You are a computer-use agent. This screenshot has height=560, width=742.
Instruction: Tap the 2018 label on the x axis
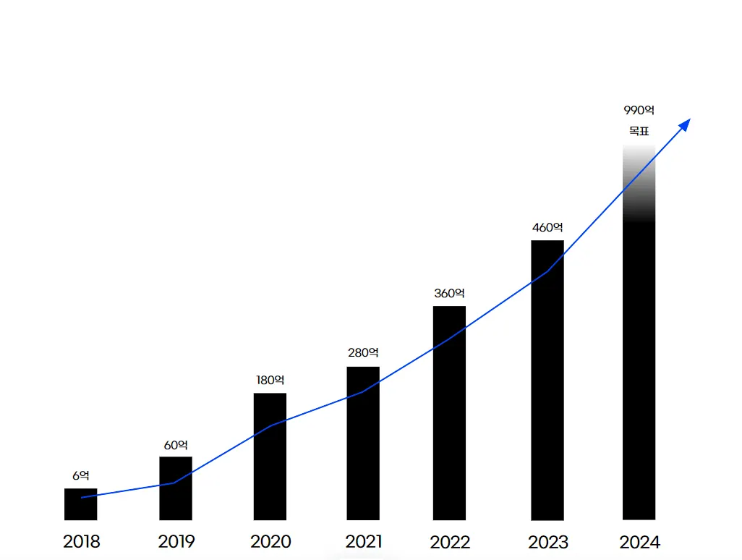81,541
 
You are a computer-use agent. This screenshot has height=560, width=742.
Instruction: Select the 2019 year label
176,541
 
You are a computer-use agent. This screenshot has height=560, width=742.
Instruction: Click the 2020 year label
270,541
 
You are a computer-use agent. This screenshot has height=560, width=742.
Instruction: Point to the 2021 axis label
364,541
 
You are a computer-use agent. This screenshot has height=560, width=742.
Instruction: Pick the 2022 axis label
450,542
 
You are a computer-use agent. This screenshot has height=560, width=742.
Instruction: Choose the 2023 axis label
548,542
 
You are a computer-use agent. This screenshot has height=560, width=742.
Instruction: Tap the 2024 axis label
640,542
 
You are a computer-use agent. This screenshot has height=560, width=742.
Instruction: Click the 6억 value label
80,475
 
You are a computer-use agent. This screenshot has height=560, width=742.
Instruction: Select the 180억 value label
270,380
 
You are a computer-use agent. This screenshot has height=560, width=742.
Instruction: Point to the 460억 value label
547,227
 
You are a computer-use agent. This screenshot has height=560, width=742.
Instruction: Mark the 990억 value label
639,111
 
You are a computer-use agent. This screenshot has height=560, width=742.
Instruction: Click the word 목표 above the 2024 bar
639,132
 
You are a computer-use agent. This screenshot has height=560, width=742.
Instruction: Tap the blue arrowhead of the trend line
685,124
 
